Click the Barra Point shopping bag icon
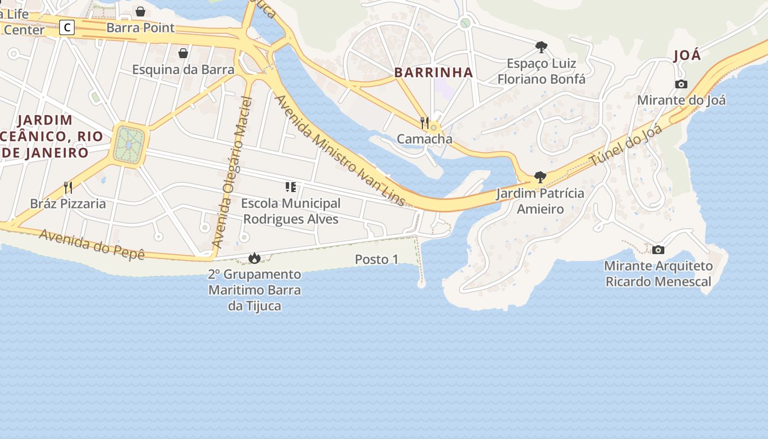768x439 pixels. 140,11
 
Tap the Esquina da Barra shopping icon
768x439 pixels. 183,53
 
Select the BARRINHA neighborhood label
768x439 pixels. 433,72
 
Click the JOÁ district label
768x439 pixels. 687,55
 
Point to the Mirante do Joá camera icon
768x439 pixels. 681,84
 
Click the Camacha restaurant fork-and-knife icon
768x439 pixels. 425,122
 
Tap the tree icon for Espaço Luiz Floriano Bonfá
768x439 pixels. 541,47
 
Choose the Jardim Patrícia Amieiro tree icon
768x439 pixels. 540,177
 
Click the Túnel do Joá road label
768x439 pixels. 626,145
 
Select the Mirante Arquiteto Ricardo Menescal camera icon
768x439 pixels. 658,250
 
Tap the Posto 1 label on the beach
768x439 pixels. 376,260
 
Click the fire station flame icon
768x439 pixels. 254,257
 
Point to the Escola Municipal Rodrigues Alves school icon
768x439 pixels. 291,187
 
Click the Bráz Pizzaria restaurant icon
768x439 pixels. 68,188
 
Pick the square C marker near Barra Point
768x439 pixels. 67,27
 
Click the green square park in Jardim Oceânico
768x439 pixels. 129,144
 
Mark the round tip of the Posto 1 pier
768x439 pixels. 421,284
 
